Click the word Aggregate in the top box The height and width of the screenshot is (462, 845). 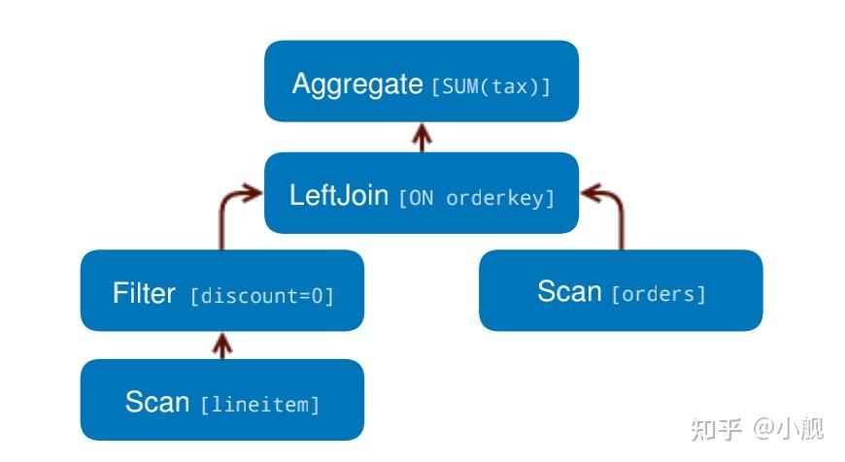[356, 83]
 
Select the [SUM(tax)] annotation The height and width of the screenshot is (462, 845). [490, 86]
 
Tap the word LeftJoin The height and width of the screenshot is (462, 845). [340, 195]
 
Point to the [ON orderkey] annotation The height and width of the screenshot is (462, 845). [477, 198]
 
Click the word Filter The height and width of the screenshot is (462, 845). [144, 293]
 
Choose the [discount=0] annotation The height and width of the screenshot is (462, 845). [262, 296]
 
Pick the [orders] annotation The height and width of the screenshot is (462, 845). [659, 293]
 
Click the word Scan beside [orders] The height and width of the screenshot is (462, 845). [569, 291]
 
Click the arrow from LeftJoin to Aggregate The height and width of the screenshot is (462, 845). [421, 137]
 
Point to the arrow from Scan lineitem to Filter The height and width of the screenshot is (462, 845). [222, 346]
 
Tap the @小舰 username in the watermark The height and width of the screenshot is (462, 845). [788, 428]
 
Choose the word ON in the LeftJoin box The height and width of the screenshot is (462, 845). [421, 198]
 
